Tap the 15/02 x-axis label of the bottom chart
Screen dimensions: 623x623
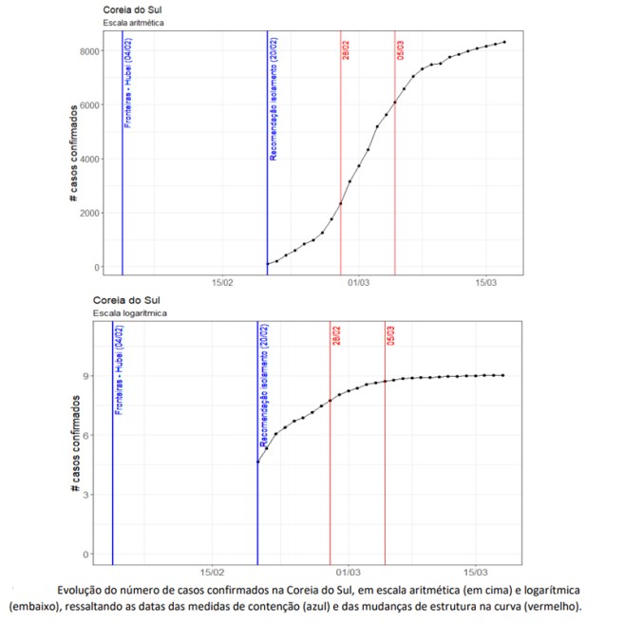click(x=212, y=573)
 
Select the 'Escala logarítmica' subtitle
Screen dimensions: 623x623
click(x=131, y=312)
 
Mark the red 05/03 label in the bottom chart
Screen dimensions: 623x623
click(x=391, y=338)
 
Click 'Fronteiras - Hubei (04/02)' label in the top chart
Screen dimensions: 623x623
click(x=129, y=83)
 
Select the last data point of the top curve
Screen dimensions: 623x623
click(x=504, y=42)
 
